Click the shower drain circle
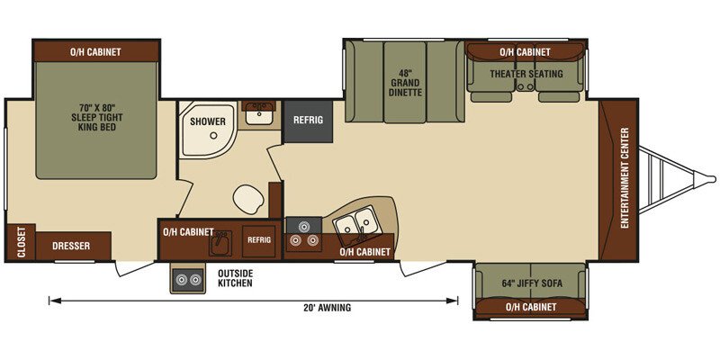click(x=213, y=136)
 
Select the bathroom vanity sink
click(x=259, y=113)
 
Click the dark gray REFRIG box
click(x=308, y=121)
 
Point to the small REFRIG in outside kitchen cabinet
click(x=259, y=240)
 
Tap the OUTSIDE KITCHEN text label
click(x=235, y=278)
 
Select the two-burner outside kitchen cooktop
click(x=187, y=279)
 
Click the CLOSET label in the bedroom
click(x=21, y=243)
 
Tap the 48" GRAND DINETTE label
click(x=405, y=83)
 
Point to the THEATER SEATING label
click(x=526, y=74)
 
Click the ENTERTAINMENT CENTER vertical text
click(x=625, y=177)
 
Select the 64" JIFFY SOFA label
click(x=531, y=283)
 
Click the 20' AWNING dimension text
click(x=328, y=307)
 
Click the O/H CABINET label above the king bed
click(x=95, y=52)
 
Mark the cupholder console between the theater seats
click(x=525, y=85)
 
